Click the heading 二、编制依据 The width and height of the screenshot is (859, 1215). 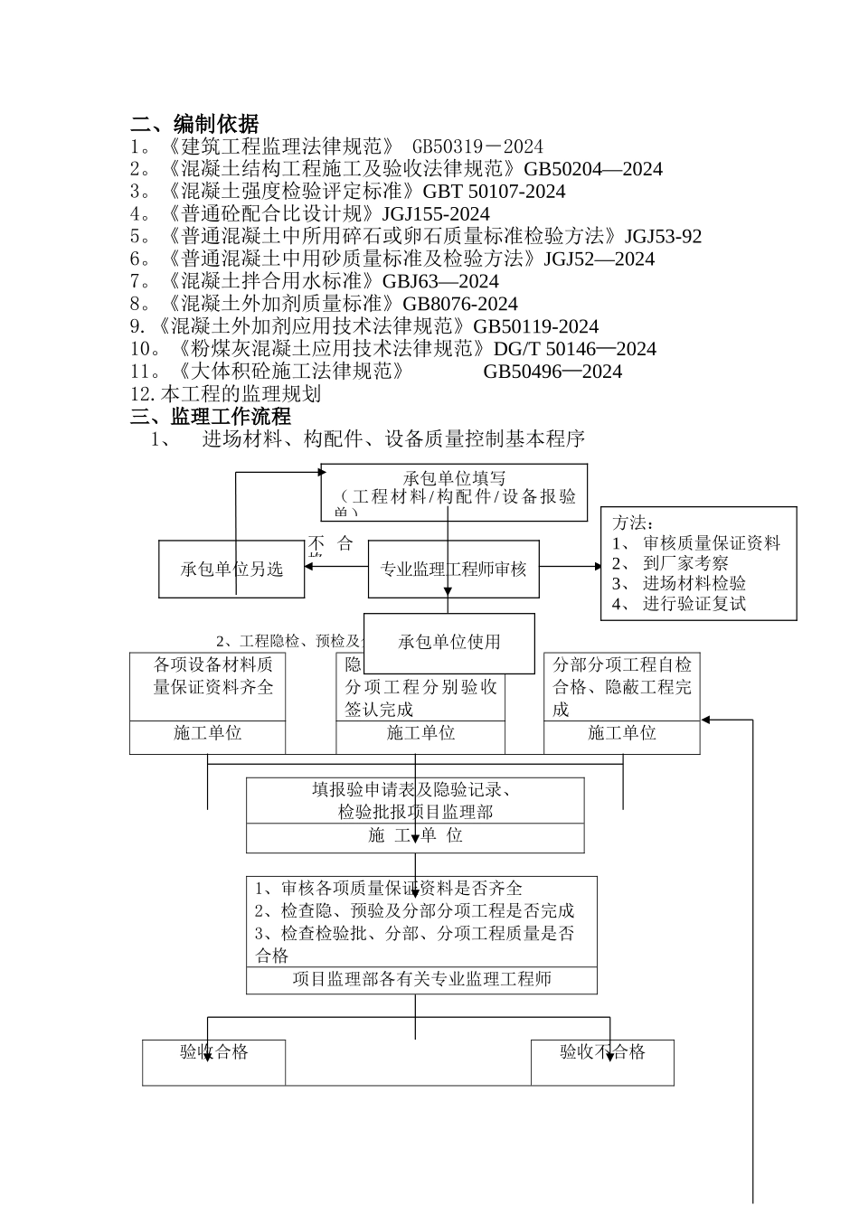coord(194,124)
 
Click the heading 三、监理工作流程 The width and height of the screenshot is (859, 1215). coord(211,417)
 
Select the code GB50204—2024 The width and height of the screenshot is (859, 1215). coord(593,169)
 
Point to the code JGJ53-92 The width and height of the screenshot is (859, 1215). coord(663,237)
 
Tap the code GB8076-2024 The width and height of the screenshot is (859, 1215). coord(459,304)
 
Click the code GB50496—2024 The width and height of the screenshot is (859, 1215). coord(552,372)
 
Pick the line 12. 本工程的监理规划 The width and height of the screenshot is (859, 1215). coord(226,394)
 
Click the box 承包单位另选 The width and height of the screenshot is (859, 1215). coord(231,570)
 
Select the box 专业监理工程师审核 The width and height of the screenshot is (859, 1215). coord(453,570)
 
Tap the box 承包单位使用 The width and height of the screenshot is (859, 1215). coord(448,642)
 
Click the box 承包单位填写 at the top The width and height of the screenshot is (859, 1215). coord(454,479)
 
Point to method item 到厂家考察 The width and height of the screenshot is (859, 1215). coord(684,563)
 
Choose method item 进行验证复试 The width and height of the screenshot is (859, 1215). coord(694,604)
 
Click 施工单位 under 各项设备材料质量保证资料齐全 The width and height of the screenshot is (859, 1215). coord(207,733)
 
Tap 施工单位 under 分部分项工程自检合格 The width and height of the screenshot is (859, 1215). coord(621,733)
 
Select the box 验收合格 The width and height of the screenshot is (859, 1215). coord(213,1053)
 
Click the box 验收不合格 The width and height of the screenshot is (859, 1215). coord(602,1053)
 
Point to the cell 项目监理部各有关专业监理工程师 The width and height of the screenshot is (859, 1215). coord(421,980)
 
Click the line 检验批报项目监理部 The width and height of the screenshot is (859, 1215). coord(415,812)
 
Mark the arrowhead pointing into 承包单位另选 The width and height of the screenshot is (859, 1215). coord(309,568)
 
